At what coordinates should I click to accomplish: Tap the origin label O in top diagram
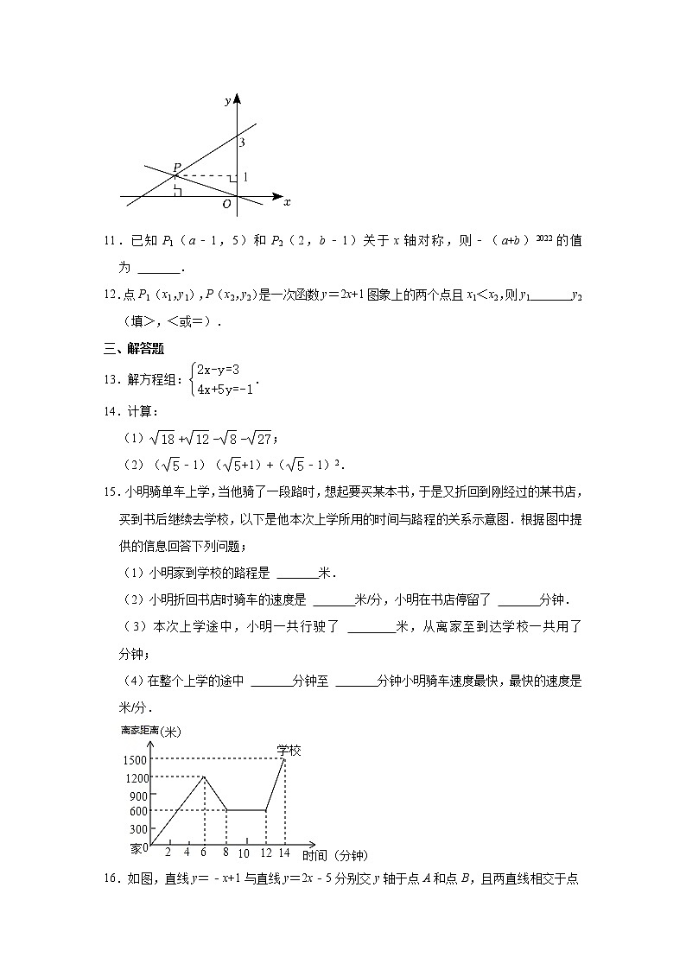(226, 204)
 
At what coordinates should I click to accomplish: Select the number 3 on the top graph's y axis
(243, 142)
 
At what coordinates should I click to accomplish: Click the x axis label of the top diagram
(287, 202)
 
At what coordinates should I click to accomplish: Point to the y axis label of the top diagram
(227, 101)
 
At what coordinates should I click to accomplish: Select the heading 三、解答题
(134, 350)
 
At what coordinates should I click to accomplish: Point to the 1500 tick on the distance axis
(135, 759)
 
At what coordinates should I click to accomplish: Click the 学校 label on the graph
(289, 750)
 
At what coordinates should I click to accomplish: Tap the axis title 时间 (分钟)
(335, 855)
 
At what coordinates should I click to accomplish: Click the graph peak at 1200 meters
(204, 777)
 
